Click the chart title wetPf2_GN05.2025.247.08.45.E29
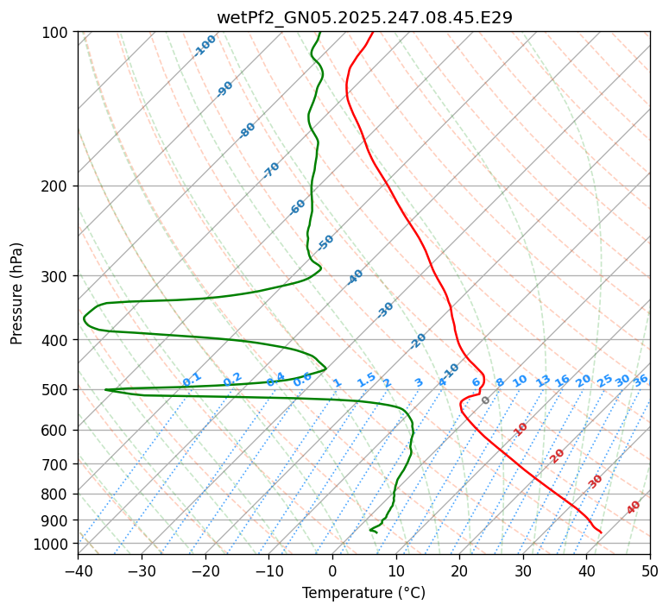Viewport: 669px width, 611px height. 363,17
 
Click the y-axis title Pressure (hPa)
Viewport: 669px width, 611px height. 17,293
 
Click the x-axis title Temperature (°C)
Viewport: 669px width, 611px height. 363,593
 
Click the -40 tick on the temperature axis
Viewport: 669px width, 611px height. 78,571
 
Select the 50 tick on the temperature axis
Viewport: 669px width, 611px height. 650,571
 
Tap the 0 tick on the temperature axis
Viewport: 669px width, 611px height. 332,571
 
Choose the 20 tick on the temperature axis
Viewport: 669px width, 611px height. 459,571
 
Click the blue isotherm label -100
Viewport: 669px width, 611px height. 205,46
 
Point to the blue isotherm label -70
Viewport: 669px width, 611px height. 272,170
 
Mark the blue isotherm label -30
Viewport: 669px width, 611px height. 385,310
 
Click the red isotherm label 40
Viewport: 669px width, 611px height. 634,507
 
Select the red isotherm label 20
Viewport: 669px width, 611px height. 558,456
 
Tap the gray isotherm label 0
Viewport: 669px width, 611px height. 486,400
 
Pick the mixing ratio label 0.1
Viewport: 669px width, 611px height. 192,380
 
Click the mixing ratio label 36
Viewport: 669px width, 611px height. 641,380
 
